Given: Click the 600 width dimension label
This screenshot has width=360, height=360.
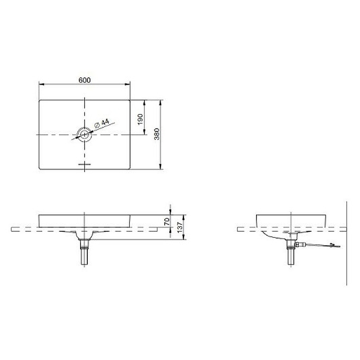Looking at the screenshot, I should pos(85,80).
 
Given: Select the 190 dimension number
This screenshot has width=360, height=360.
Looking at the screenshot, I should pos(140,118).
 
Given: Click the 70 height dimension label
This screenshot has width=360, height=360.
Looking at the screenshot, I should pos(166,221).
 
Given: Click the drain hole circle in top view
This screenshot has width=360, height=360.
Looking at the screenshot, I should pos(85,135).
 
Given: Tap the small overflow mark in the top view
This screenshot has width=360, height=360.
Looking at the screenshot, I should pos(85,164).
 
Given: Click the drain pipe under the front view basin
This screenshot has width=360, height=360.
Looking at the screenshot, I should pos(84,256).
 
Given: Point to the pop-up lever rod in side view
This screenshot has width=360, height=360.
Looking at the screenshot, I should pos(319,245).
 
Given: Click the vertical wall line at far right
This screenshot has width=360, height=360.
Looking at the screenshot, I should pos(347,243).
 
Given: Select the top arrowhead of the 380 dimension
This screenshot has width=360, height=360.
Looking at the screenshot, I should pos(161,102).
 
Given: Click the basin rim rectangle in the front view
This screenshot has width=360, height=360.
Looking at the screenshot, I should pos(85,220).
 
